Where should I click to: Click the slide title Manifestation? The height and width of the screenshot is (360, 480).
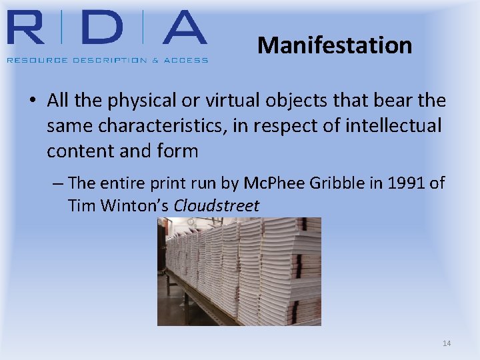click(335, 45)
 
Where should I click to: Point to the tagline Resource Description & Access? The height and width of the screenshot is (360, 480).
click(107, 60)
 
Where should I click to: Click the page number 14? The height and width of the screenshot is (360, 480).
click(447, 343)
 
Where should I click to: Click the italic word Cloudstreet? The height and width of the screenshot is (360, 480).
click(216, 206)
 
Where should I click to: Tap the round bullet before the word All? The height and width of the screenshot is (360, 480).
click(32, 101)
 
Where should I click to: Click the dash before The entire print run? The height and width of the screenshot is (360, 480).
click(57, 183)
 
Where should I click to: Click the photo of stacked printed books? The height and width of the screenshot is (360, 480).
click(239, 271)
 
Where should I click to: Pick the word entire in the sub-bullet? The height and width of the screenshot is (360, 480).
click(122, 183)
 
